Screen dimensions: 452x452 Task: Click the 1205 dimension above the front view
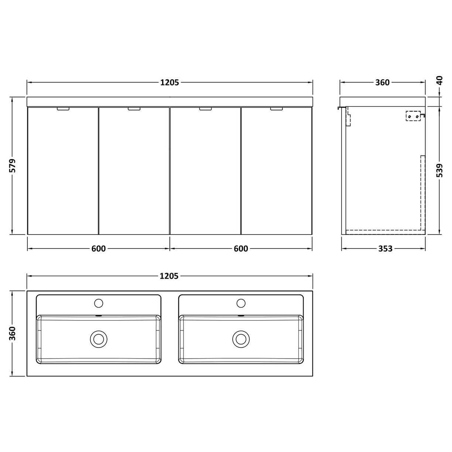(x=169, y=83)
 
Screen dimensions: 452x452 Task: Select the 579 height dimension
(x=12, y=166)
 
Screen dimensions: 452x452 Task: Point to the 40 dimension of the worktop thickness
(x=439, y=81)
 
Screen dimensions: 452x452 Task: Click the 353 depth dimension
(x=385, y=249)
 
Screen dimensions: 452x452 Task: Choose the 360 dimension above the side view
(x=382, y=83)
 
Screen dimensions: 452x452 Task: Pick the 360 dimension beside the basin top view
(x=12, y=333)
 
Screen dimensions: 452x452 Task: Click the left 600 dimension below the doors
(x=99, y=249)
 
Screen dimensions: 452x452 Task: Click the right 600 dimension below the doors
(x=241, y=249)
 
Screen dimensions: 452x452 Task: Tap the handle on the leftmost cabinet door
(x=63, y=109)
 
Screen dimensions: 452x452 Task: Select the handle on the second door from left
(x=134, y=109)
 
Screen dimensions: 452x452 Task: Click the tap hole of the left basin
(x=99, y=303)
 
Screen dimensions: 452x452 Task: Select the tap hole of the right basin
(x=241, y=303)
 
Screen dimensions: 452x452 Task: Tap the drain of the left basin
(x=99, y=338)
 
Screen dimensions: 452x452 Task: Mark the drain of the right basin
(x=241, y=338)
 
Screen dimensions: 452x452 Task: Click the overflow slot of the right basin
(x=241, y=316)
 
